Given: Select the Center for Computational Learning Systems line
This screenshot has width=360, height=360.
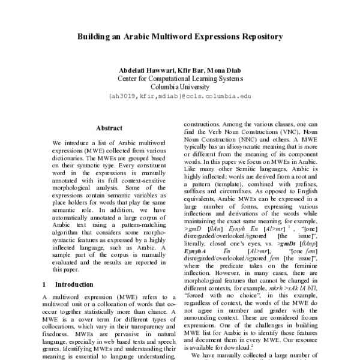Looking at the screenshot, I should point(180,79).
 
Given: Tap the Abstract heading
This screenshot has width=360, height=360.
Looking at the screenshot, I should point(109,128).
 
